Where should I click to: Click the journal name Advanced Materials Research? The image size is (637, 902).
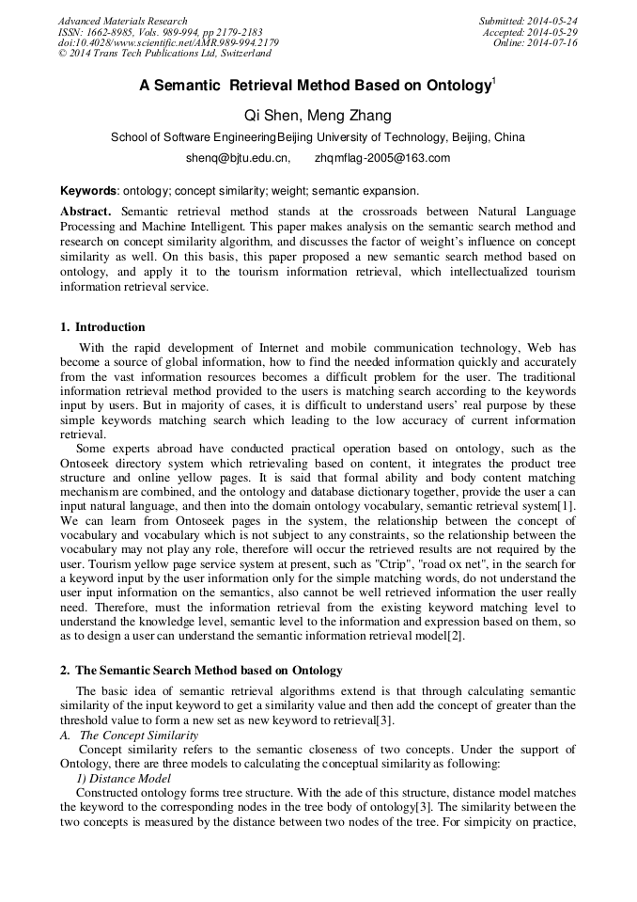[122, 21]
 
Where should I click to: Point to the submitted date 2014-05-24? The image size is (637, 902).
[552, 21]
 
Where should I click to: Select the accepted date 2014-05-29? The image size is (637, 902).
[553, 32]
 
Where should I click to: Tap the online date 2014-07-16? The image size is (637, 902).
[553, 43]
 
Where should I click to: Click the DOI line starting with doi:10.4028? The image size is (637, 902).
[168, 43]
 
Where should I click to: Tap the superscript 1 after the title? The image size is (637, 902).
[494, 82]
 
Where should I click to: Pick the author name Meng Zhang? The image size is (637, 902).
[350, 116]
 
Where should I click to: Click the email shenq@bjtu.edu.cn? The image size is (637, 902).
[238, 157]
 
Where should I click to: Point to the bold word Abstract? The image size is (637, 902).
[86, 212]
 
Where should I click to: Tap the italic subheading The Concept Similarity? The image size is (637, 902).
[138, 735]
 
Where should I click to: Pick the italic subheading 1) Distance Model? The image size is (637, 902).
[123, 779]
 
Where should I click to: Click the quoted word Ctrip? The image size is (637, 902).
[392, 562]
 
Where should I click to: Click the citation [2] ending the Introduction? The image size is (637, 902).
[455, 635]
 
